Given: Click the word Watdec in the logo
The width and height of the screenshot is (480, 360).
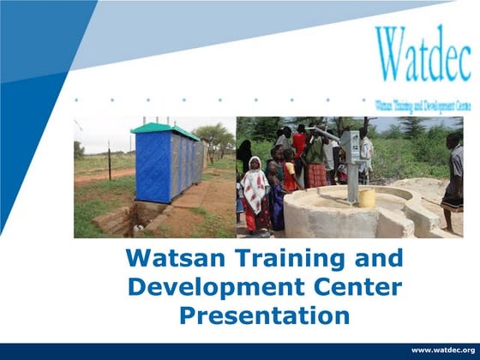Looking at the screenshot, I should pos(422,54).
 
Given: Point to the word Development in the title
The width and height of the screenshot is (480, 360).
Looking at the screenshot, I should pos(197,286).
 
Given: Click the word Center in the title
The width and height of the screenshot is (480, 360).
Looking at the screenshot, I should pos(341,286).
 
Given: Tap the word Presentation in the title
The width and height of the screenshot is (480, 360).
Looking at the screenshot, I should pos(264,315).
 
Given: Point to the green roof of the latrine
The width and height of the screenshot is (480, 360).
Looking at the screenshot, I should pos(163,129).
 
